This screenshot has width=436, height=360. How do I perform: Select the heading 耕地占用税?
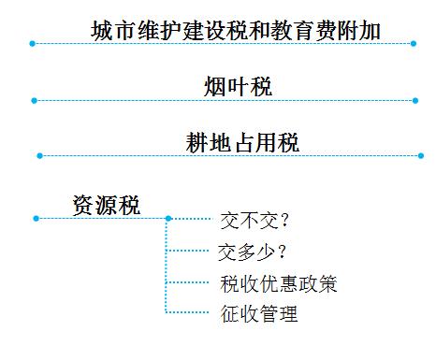point(241,142)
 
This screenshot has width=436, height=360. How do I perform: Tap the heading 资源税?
point(106,205)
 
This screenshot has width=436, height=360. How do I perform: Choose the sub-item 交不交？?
point(253,222)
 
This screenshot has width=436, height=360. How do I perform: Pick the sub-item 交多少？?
point(252,252)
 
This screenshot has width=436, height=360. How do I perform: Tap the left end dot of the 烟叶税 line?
point(33,100)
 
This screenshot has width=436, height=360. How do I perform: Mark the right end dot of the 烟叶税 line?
point(415,100)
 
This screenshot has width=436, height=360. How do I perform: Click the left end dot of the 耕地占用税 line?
point(38,155)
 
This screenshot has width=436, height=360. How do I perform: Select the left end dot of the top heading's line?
point(32,42)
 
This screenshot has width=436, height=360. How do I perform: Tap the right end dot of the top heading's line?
point(415,42)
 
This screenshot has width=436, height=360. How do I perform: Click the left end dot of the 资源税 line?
point(36,218)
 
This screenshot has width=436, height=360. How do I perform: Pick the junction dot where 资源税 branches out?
point(167,218)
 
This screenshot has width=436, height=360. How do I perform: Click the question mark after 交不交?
point(283,222)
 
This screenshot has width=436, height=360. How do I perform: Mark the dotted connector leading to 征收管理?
point(187,311)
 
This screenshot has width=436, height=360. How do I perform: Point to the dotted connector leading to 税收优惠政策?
point(188,281)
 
